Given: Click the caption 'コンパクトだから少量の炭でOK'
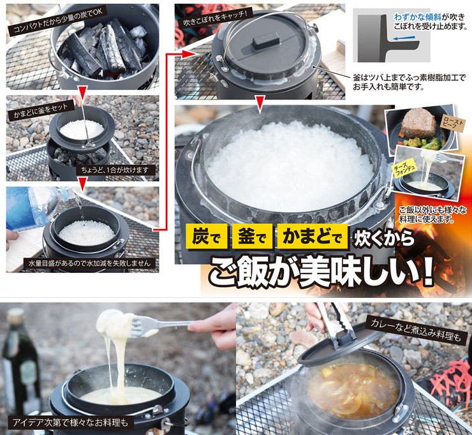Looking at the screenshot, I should pos(55,28).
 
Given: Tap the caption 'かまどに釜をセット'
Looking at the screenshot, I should pos(39,113).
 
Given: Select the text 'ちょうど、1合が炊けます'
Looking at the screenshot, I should pos(115,170).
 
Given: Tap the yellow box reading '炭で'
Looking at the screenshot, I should pos(205,237).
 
